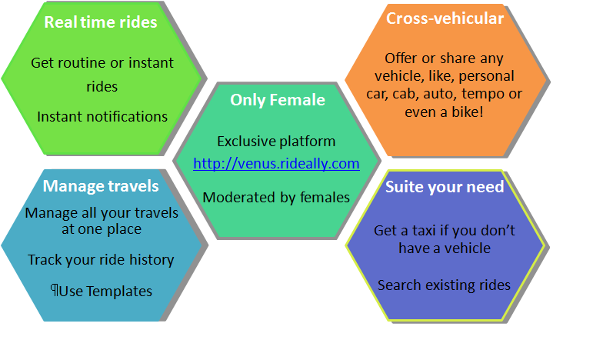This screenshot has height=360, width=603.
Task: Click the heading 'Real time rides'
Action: point(101,22)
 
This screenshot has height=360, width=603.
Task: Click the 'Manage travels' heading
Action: point(101,186)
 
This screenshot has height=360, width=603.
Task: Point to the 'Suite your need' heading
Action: point(445,187)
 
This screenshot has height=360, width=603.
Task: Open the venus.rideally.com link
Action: point(276,163)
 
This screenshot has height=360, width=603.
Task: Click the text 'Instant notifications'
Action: point(102,117)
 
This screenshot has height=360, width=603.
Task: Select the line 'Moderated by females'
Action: point(276,198)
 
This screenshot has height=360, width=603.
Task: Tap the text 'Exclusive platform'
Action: point(276,142)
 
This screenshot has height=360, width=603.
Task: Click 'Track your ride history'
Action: point(101,260)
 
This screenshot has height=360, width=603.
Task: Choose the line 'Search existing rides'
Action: point(444,285)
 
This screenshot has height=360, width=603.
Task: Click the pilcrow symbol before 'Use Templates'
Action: point(55,291)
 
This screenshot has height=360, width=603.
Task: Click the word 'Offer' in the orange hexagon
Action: point(401,58)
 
